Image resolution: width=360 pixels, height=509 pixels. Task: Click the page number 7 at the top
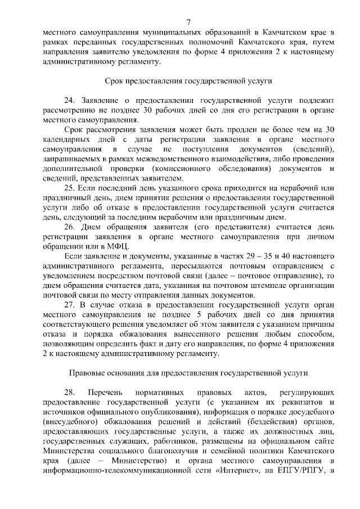[188, 22]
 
